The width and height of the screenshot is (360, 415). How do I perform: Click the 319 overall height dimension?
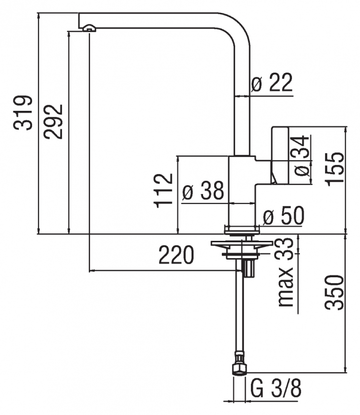(23, 113)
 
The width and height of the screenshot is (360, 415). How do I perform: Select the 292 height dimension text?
(53, 122)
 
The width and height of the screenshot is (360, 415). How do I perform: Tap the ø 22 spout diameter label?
(272, 82)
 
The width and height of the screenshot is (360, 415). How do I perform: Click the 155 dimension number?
(335, 169)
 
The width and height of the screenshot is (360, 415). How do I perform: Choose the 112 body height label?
(163, 190)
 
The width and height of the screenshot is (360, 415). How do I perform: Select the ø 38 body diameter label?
(203, 190)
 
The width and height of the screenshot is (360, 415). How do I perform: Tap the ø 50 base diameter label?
(284, 215)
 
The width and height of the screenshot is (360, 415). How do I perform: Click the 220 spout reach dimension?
(176, 255)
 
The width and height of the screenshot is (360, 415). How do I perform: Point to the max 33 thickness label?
(285, 273)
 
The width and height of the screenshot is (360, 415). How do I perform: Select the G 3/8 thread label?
(276, 389)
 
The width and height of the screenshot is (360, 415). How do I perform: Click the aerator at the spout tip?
(89, 28)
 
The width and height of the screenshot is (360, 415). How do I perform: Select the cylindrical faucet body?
(241, 190)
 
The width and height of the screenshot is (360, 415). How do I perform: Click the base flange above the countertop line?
(241, 230)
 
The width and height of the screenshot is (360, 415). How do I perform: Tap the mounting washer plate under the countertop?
(241, 243)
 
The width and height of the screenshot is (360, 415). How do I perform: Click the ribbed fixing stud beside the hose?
(249, 268)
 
